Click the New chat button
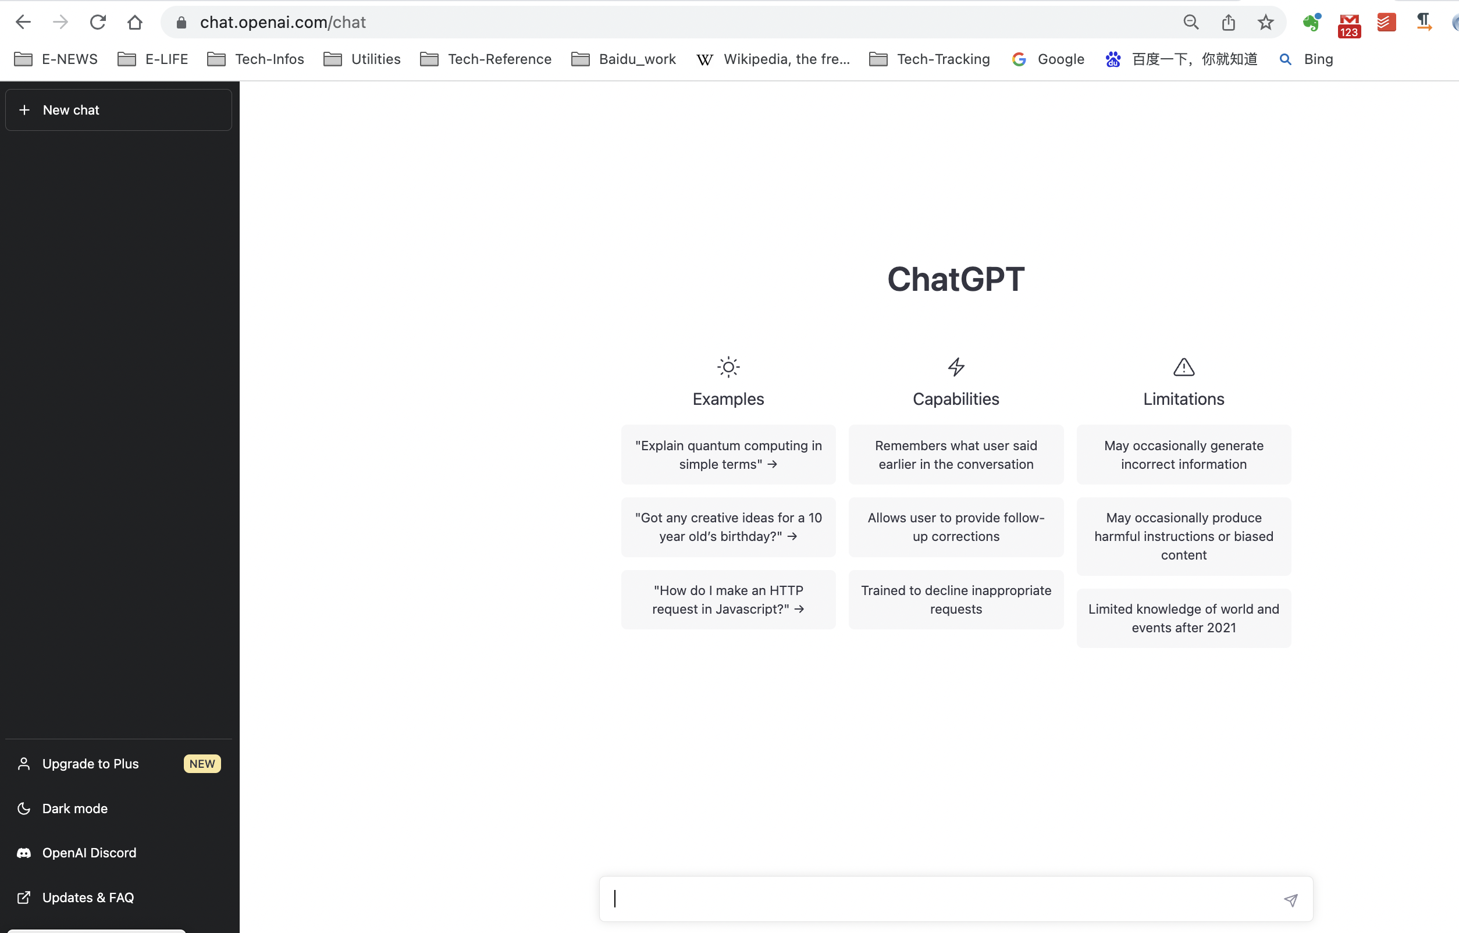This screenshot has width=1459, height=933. (119, 110)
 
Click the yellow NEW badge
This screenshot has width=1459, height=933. (202, 763)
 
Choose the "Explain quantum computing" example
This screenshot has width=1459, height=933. (728, 454)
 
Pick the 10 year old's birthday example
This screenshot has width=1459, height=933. (728, 527)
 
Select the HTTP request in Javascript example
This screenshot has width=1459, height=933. (728, 600)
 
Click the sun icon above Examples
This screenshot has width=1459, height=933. (728, 366)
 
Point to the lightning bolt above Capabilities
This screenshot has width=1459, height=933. (956, 366)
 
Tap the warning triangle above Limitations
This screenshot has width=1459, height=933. (1184, 366)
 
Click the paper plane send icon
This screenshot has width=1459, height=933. (1290, 900)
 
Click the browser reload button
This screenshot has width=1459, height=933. (98, 23)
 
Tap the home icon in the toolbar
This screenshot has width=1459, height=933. (134, 23)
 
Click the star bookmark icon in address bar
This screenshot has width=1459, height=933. (1265, 23)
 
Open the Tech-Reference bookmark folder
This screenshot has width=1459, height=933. (486, 59)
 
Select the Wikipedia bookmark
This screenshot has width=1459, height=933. (773, 59)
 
